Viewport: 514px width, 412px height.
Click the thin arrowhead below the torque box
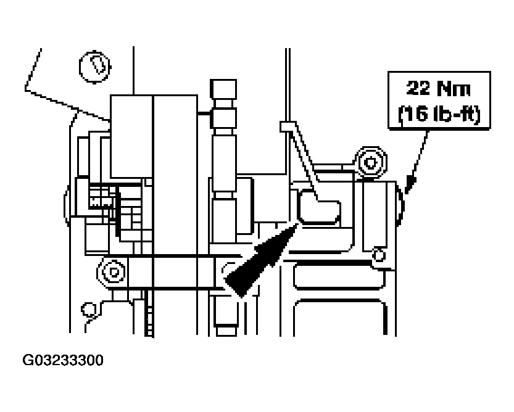pyautogui.click(x=411, y=181)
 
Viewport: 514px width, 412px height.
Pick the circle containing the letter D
pyautogui.click(x=94, y=63)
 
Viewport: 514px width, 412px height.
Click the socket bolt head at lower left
pyautogui.click(x=112, y=270)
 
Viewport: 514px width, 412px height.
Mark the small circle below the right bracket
pyautogui.click(x=379, y=252)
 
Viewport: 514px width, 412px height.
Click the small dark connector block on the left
pyautogui.click(x=101, y=199)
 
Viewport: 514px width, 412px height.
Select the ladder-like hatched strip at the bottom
pyautogui.click(x=148, y=315)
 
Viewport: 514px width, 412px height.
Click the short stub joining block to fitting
pyautogui.click(x=204, y=113)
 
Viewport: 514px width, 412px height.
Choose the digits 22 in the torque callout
pyautogui.click(x=417, y=89)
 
